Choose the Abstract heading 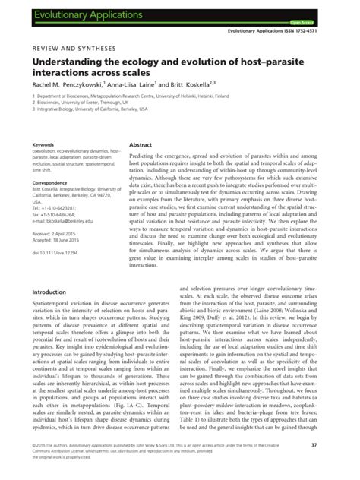(141, 144)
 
